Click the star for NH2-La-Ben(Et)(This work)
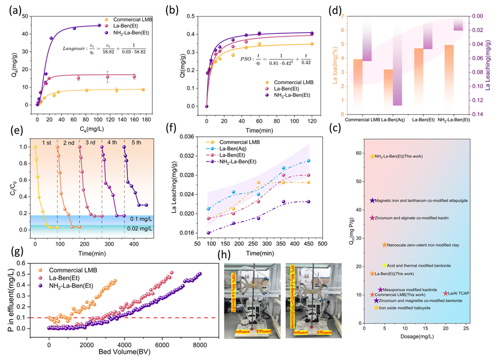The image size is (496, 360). pyautogui.click(x=372, y=157)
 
